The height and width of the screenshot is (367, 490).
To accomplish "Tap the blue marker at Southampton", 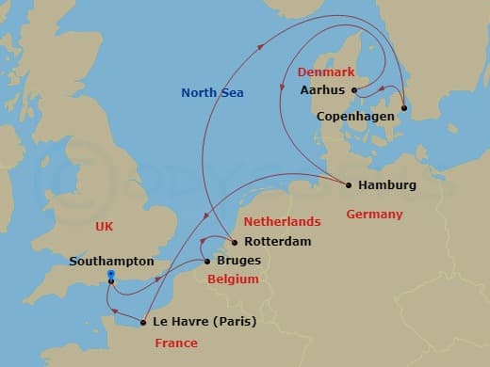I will tap(111, 275).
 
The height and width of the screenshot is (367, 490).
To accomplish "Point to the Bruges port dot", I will tap(207, 261).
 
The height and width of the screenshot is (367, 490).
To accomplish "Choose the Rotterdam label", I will tap(265, 242).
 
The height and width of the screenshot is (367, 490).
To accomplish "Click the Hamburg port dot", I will tap(349, 185).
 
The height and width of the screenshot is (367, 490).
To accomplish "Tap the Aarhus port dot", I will tap(354, 91).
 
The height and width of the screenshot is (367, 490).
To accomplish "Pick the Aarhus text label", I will tap(323, 91).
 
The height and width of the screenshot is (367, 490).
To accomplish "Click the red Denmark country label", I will tap(326, 72).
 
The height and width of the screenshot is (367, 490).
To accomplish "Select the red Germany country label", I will tap(374, 214).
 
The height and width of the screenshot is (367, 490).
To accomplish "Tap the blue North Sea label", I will tap(213, 91).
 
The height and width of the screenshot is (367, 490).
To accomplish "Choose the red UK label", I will tap(104, 226).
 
